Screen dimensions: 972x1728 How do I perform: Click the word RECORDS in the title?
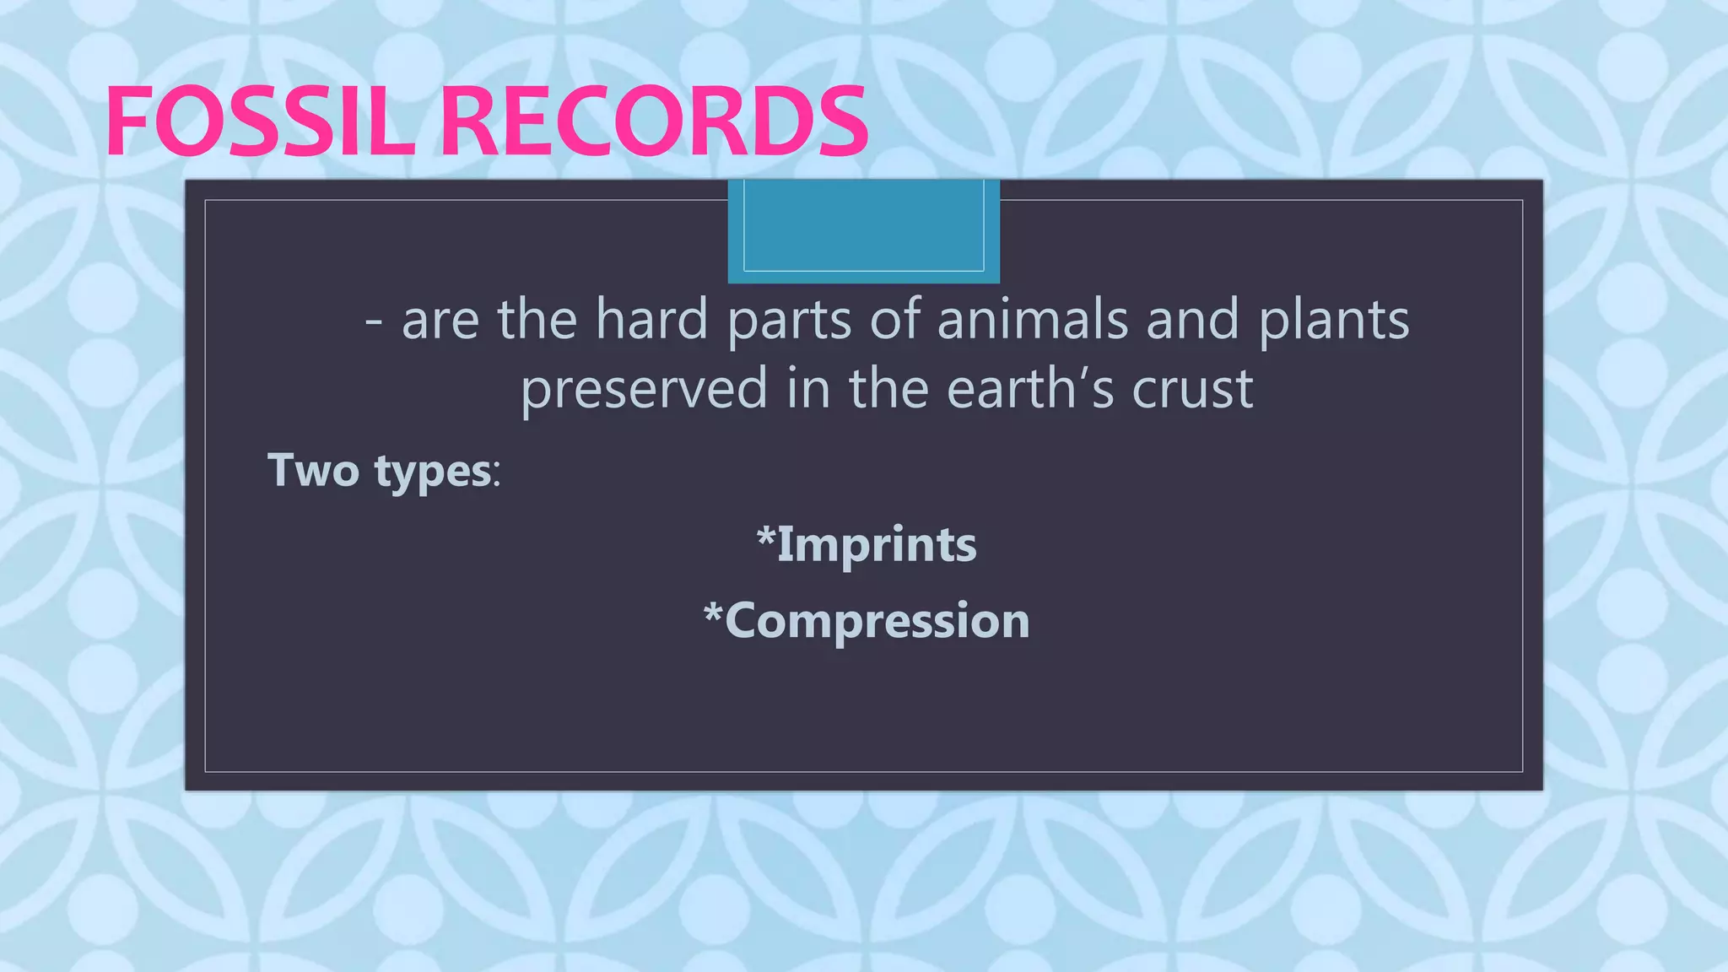click(654, 122)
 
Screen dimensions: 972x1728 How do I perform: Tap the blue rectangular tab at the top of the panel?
click(863, 229)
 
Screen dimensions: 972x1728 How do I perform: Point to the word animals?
click(1033, 320)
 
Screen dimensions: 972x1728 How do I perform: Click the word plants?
click(1333, 321)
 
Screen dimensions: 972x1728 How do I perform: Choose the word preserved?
click(644, 389)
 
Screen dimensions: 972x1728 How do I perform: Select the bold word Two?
click(313, 470)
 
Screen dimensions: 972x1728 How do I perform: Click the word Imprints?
click(877, 544)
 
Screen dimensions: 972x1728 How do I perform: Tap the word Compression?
click(877, 622)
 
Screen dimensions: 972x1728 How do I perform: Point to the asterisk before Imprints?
click(765, 536)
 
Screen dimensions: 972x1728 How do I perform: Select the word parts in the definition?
click(789, 321)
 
